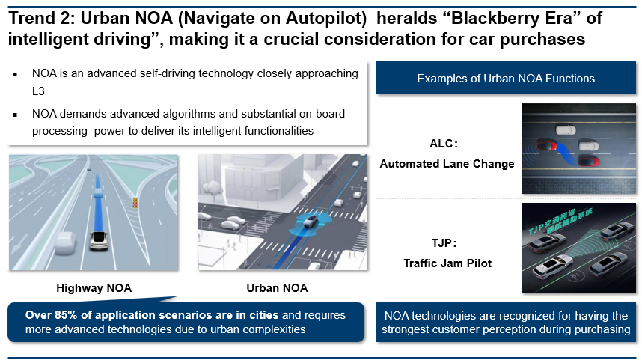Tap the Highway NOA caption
tap(94, 288)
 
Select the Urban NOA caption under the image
tap(277, 288)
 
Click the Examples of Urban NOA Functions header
tap(506, 79)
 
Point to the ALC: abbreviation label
tap(444, 144)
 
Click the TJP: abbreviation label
tap(444, 243)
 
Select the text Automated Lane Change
tap(447, 164)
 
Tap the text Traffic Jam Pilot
tap(447, 263)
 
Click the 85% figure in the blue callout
tap(66, 315)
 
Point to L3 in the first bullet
tap(38, 91)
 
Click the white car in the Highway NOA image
tap(98, 240)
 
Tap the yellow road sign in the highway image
tap(135, 202)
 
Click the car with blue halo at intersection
tap(311, 221)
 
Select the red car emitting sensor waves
tap(547, 144)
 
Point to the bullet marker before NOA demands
tap(15, 115)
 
